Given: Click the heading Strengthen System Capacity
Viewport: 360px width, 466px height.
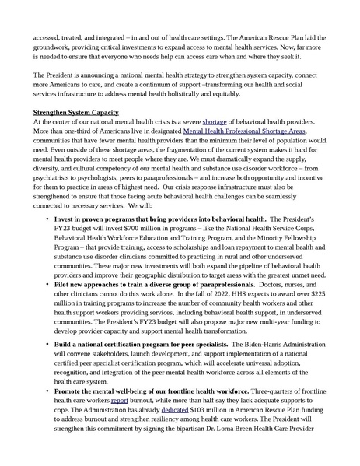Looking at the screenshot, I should tap(76, 114).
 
